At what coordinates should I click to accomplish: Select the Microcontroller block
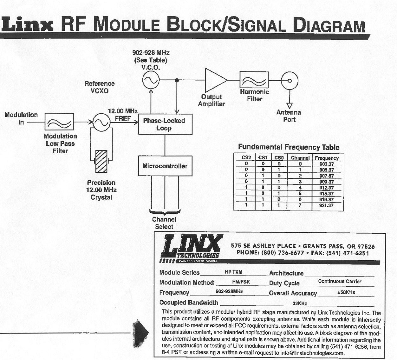[165, 166]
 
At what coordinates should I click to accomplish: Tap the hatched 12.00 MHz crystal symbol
[101, 161]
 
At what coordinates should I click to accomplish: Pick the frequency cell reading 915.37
[327, 194]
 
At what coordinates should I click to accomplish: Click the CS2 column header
[246, 157]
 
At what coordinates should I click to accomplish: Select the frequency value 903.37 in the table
[327, 164]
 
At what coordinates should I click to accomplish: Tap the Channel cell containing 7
[300, 205]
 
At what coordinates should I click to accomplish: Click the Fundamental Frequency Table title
[289, 147]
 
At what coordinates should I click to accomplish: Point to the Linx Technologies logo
[191, 249]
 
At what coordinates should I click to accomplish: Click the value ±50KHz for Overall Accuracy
[346, 292]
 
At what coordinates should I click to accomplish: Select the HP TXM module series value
[233, 272]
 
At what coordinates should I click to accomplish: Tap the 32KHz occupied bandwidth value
[300, 303]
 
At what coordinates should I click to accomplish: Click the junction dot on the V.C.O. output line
[177, 80]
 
